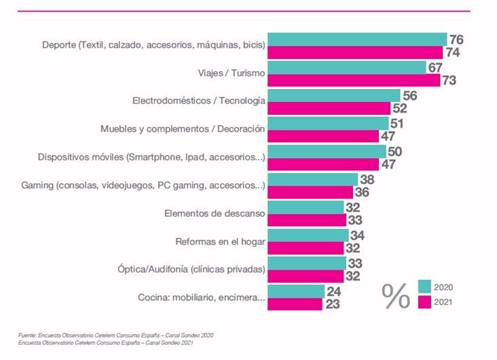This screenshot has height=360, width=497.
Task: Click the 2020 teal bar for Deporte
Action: [357, 39]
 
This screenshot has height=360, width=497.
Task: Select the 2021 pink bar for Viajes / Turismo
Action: [353, 80]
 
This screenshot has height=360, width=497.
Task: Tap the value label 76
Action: [456, 39]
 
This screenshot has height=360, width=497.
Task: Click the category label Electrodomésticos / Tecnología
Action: [198, 101]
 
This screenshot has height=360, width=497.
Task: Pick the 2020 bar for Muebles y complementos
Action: [328, 123]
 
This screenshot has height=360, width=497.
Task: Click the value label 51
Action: [398, 123]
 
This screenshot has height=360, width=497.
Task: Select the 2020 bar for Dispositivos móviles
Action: [327, 151]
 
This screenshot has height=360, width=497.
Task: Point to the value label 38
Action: [367, 179]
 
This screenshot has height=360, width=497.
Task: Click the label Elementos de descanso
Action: [215, 213]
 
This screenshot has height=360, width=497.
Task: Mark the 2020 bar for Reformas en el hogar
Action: [308, 234]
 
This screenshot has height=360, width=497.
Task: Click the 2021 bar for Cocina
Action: [295, 304]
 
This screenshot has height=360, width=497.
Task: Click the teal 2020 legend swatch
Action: [424, 286]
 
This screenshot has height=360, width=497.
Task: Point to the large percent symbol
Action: [397, 295]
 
